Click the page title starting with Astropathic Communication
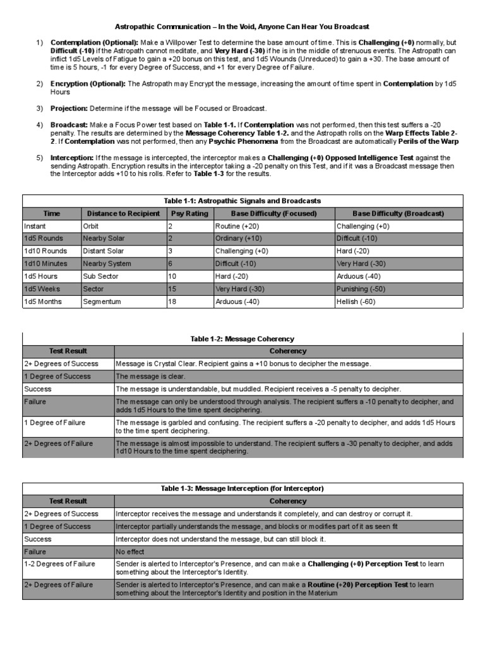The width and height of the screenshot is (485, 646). coord(242,26)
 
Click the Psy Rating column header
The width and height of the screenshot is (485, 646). coord(189,213)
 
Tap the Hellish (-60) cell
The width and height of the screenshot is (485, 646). coord(356,302)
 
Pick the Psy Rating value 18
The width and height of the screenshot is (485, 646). coord(172,302)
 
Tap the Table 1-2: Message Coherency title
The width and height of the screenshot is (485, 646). coord(242,339)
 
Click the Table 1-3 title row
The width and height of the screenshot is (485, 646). coord(242,488)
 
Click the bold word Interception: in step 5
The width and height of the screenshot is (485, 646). coord(73,157)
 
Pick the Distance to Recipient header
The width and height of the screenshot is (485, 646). coord(123,213)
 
